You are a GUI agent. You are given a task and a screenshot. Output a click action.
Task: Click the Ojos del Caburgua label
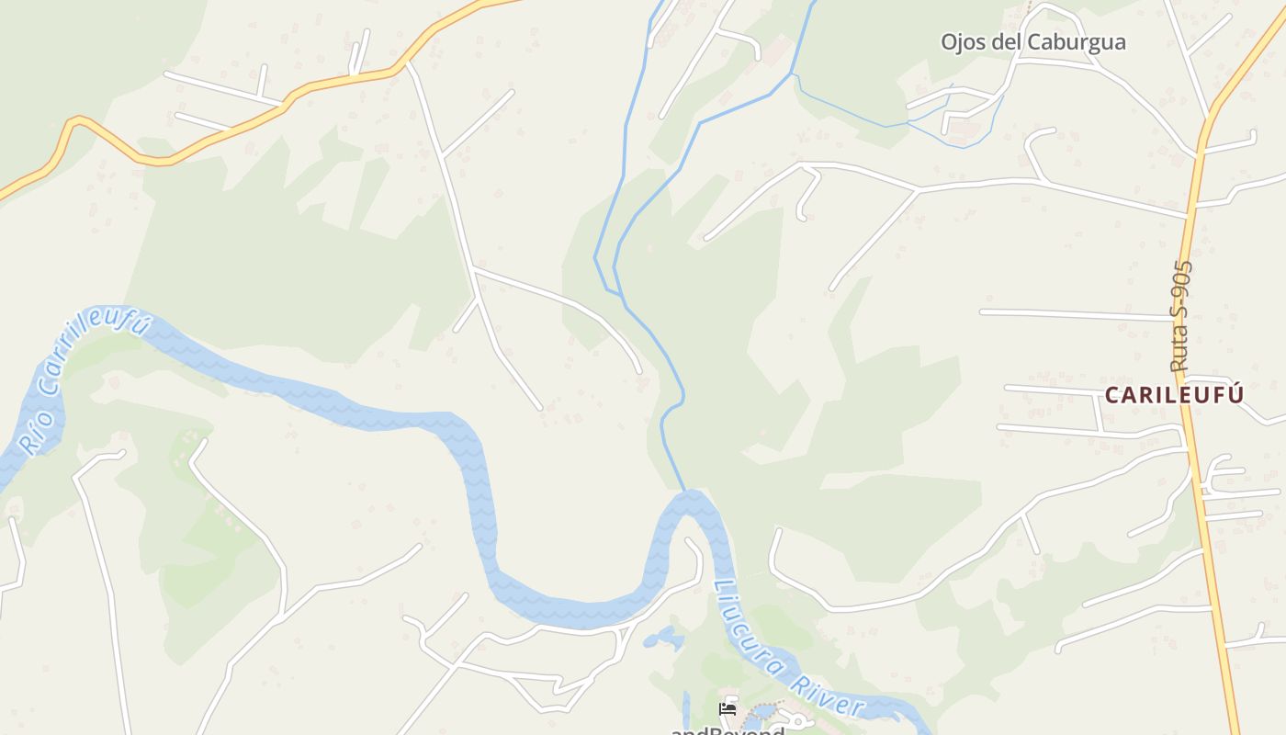pyautogui.click(x=1032, y=42)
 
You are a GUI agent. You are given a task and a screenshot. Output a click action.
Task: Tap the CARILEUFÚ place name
pyautogui.click(x=1174, y=395)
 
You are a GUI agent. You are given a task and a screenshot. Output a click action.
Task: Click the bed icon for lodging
pyautogui.click(x=728, y=709)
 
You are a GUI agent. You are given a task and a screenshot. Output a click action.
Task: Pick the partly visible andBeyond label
pyautogui.click(x=728, y=730)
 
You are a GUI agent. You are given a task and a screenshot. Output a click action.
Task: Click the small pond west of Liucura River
pyautogui.click(x=664, y=638)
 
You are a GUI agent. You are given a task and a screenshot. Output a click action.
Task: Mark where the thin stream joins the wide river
pyautogui.click(x=684, y=492)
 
